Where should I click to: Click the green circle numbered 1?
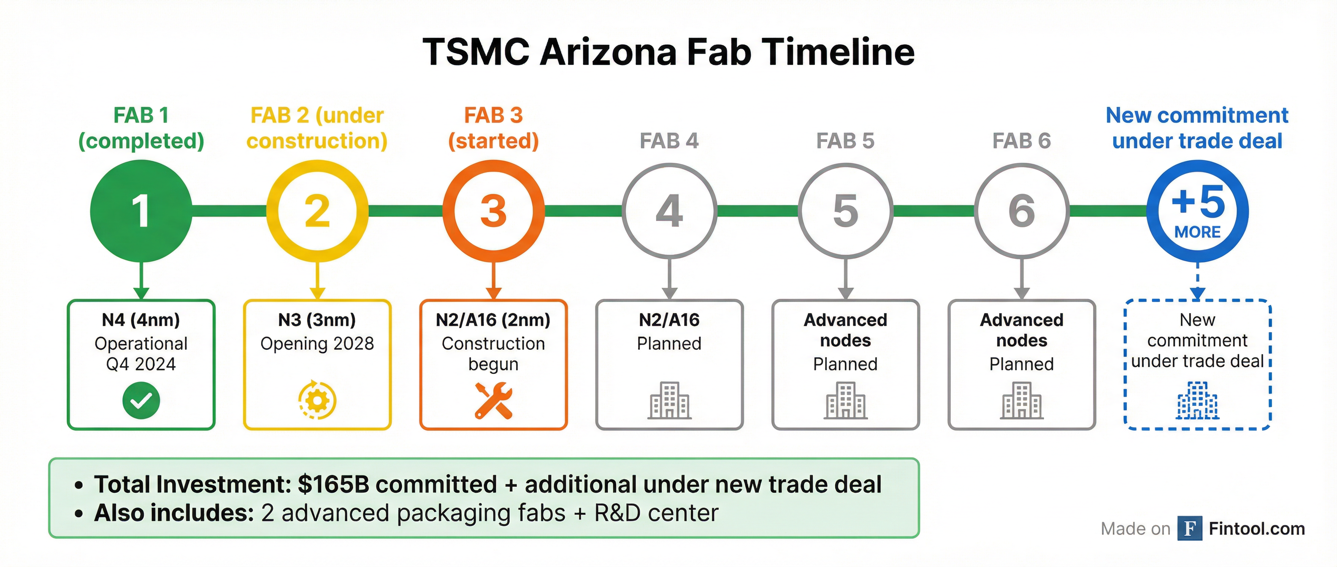tap(141, 211)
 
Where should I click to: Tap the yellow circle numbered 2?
tap(317, 211)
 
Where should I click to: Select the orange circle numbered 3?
tap(493, 211)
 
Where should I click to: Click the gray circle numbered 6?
tap(1021, 211)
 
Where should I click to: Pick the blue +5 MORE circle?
tap(1197, 211)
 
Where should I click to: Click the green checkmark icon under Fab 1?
tap(141, 400)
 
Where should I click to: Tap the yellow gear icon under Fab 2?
tap(317, 400)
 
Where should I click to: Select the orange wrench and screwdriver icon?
tap(493, 400)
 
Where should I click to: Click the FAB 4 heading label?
tap(669, 140)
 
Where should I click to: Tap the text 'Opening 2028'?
tap(317, 343)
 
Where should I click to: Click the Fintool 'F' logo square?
tap(1190, 529)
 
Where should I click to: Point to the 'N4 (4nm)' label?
tap(141, 320)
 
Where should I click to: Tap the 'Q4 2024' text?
tap(141, 364)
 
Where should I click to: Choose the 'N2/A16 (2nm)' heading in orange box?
tap(493, 320)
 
